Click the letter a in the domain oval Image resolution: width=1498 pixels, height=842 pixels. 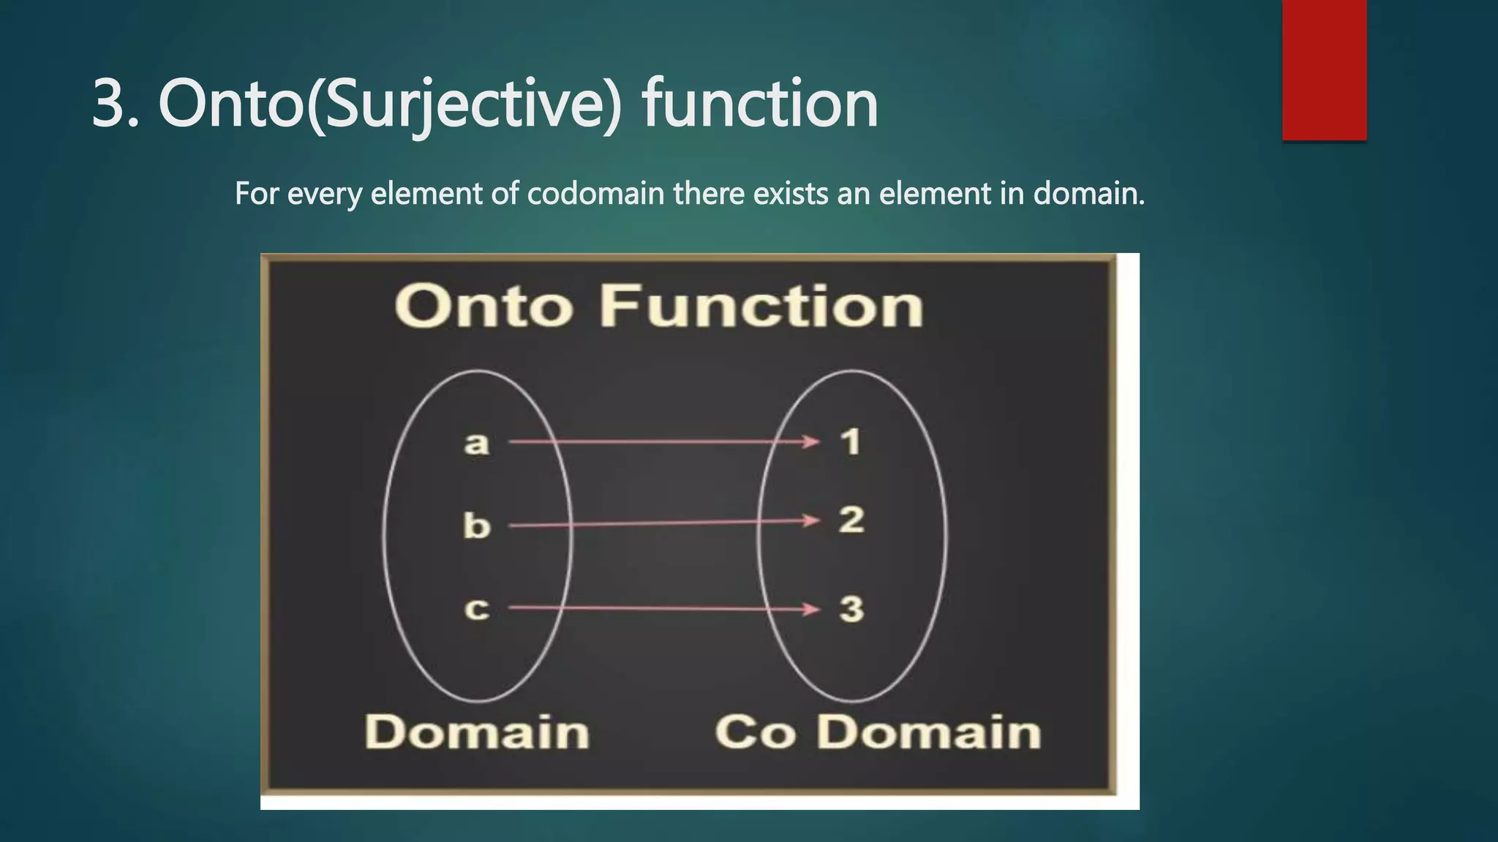(x=476, y=443)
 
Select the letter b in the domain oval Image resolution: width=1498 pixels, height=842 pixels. (x=476, y=526)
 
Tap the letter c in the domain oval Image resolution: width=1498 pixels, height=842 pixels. (x=476, y=609)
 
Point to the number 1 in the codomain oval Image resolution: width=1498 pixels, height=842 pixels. (x=850, y=441)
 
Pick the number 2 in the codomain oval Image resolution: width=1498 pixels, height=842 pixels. (x=851, y=520)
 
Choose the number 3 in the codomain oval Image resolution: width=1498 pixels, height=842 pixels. (x=851, y=609)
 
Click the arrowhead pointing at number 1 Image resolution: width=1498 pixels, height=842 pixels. (x=812, y=441)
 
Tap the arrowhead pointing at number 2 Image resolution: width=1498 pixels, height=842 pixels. (x=812, y=520)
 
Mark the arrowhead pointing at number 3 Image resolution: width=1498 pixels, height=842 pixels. (x=812, y=609)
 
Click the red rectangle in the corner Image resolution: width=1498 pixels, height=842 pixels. (x=1324, y=69)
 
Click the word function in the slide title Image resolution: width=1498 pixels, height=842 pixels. (x=760, y=104)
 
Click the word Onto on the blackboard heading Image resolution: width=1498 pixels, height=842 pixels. (x=483, y=306)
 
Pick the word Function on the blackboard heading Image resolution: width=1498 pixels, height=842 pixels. (x=761, y=306)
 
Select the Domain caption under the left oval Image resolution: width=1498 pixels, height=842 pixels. (x=477, y=732)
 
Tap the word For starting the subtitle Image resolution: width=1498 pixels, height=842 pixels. (x=257, y=194)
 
